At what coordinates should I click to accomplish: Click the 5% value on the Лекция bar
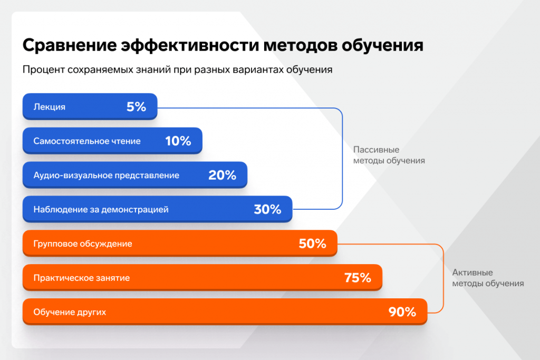(136, 107)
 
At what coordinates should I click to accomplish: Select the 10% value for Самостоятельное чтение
(178, 141)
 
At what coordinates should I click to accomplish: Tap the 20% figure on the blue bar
(222, 176)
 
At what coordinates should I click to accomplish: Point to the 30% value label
(267, 209)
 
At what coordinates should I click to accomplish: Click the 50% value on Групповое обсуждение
(312, 244)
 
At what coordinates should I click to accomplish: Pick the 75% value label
(358, 278)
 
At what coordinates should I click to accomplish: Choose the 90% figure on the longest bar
(402, 312)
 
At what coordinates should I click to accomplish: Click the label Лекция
(50, 107)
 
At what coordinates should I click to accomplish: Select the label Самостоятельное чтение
(87, 141)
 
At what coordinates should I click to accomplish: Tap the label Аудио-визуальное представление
(106, 176)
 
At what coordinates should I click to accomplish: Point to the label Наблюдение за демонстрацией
(101, 209)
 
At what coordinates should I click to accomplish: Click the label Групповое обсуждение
(83, 244)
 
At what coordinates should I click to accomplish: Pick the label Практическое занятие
(81, 278)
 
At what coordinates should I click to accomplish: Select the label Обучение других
(70, 312)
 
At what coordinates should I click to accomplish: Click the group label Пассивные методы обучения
(389, 155)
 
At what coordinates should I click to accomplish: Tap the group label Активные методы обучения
(488, 278)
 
